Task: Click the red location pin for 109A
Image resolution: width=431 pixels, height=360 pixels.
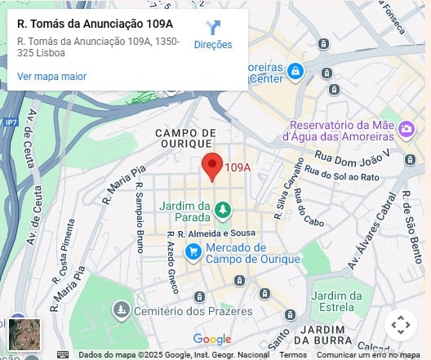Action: pos(212,165)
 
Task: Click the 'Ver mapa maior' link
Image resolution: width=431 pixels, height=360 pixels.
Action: pos(51,77)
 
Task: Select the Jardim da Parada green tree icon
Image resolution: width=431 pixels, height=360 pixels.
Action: pos(222,211)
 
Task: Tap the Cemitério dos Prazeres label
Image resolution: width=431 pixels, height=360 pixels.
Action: pos(183,310)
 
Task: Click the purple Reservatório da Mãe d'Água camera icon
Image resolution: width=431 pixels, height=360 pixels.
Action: pos(406,129)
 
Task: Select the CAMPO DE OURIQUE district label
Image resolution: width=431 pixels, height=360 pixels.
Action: pos(185,138)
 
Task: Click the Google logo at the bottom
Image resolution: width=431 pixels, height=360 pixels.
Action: pos(212,339)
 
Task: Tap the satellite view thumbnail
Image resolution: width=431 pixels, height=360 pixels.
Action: pos(24,334)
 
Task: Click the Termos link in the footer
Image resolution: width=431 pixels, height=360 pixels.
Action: pos(293,355)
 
